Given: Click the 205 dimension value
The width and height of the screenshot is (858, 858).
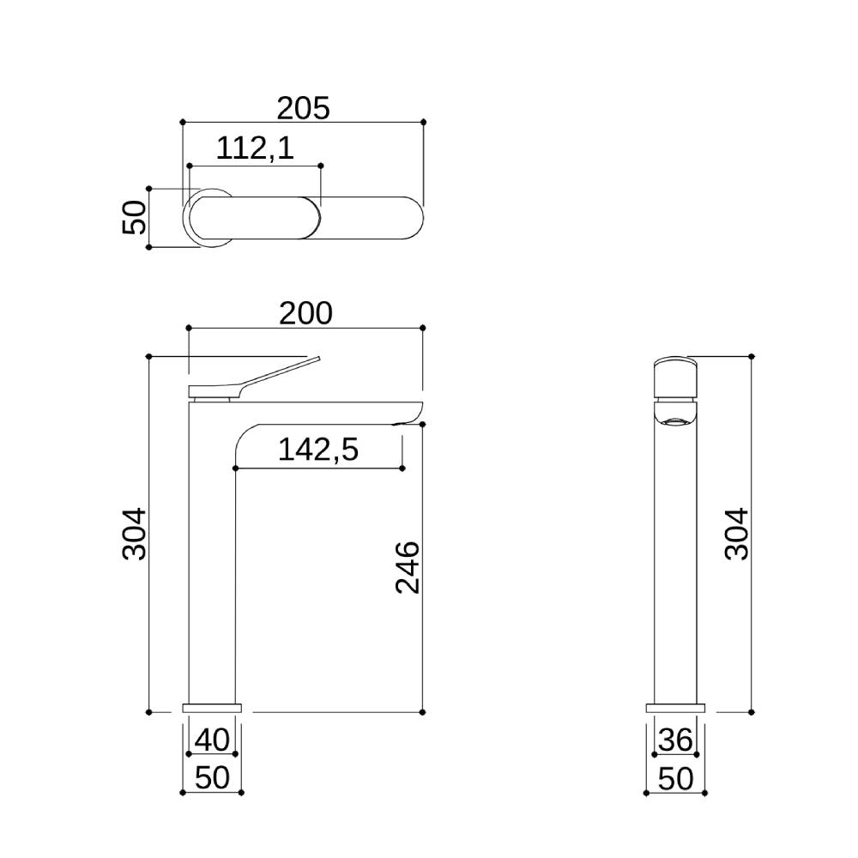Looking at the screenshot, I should coord(303,108).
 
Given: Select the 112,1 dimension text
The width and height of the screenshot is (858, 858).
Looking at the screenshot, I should coord(255,148).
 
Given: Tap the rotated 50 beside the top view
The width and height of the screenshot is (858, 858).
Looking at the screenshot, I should coord(135,218).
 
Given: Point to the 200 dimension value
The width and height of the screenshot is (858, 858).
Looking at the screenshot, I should coord(305,314).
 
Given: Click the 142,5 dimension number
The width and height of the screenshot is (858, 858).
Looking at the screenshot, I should coord(317,449).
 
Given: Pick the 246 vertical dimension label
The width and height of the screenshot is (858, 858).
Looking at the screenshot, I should coord(408,567).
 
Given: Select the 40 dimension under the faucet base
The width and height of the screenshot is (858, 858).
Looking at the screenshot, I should coord(212,740).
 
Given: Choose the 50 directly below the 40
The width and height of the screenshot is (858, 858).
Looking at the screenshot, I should coord(212,778).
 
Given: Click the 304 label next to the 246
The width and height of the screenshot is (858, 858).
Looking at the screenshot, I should coord(135,535).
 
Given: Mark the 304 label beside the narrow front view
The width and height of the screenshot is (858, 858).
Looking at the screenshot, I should coord(736,535).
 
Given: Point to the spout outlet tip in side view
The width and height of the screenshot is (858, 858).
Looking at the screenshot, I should coord(410,422).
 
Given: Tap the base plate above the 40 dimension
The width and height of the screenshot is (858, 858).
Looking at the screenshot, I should coord(212,709).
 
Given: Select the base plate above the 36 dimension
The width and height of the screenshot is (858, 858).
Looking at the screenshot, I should coord(675,709).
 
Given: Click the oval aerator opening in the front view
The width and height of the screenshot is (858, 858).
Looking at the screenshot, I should coord(676,421).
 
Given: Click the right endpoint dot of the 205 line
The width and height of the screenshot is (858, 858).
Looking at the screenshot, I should coord(423,123).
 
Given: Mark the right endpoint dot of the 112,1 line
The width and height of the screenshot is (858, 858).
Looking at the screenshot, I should coord(321,165).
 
